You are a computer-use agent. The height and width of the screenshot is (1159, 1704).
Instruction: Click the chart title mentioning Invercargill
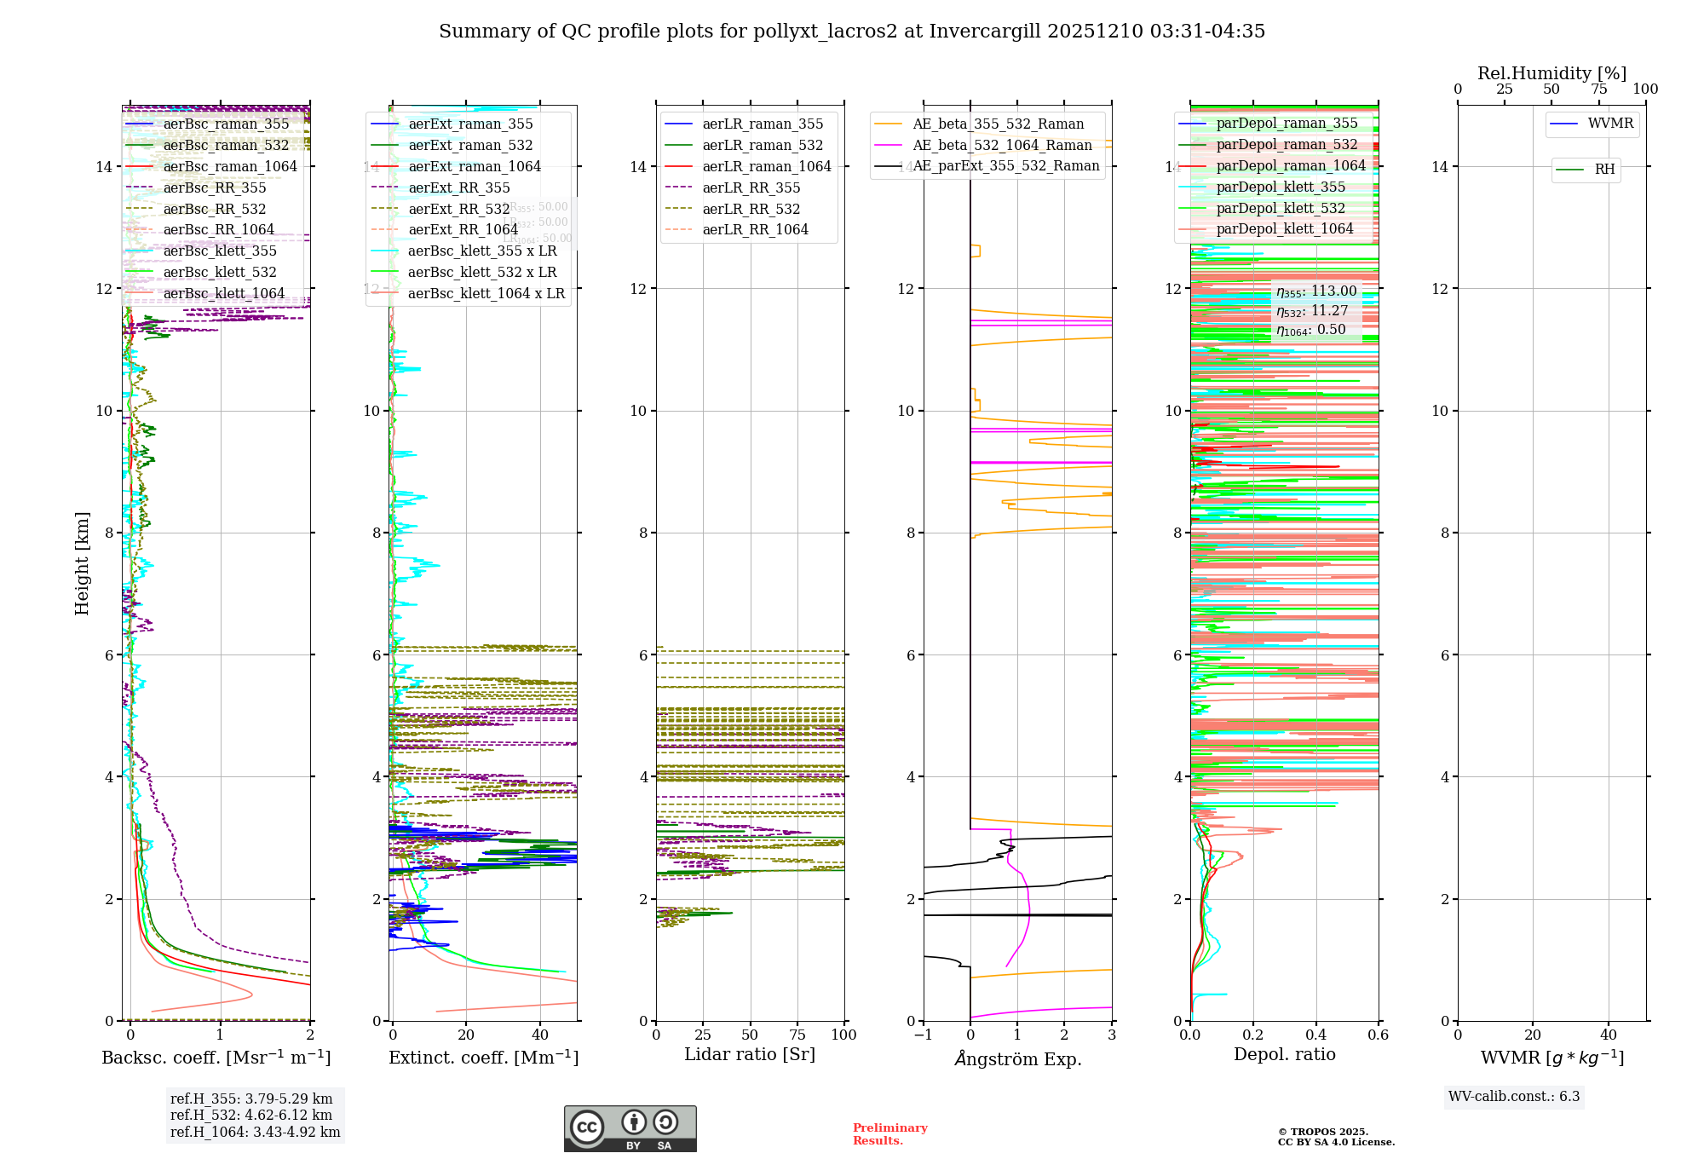coord(852,32)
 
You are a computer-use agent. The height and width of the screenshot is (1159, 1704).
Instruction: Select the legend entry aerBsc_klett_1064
coord(224,294)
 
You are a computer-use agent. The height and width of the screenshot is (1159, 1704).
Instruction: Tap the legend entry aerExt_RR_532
coord(459,210)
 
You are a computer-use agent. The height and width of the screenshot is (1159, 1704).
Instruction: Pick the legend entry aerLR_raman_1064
coord(767,167)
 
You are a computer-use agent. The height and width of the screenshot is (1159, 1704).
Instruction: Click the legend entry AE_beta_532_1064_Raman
coord(1002,146)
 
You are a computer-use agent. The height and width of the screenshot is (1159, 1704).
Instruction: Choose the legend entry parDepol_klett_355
coord(1281,187)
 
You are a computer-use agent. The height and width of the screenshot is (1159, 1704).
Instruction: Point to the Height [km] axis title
coord(82,562)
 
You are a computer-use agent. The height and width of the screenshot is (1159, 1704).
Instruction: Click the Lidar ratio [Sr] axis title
coord(750,1055)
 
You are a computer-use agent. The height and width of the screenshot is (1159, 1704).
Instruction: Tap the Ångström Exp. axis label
coord(1017,1059)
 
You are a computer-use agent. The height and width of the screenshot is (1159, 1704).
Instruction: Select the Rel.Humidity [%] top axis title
coord(1551,73)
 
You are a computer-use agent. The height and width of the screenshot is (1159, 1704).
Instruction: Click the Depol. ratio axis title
coord(1284,1055)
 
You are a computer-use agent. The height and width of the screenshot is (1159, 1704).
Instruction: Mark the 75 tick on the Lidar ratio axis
coord(797,1035)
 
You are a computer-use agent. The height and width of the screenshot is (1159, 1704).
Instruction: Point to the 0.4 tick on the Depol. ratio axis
coord(1315,1035)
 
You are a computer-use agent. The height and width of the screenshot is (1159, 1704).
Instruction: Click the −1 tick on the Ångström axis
coord(923,1035)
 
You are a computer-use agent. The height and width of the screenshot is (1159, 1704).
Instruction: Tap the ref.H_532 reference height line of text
coord(251,1116)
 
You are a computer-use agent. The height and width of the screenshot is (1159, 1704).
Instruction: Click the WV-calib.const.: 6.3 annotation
coord(1514,1097)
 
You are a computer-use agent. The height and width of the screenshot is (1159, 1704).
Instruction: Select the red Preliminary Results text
coord(889,1134)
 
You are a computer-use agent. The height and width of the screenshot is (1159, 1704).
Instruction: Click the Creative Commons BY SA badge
coord(630,1129)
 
